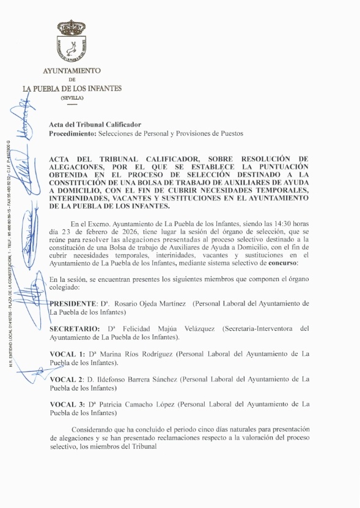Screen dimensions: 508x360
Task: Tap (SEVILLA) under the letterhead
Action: tap(72, 98)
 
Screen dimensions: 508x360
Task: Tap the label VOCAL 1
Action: tap(67, 354)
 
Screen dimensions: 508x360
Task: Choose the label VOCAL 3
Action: tap(67, 404)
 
